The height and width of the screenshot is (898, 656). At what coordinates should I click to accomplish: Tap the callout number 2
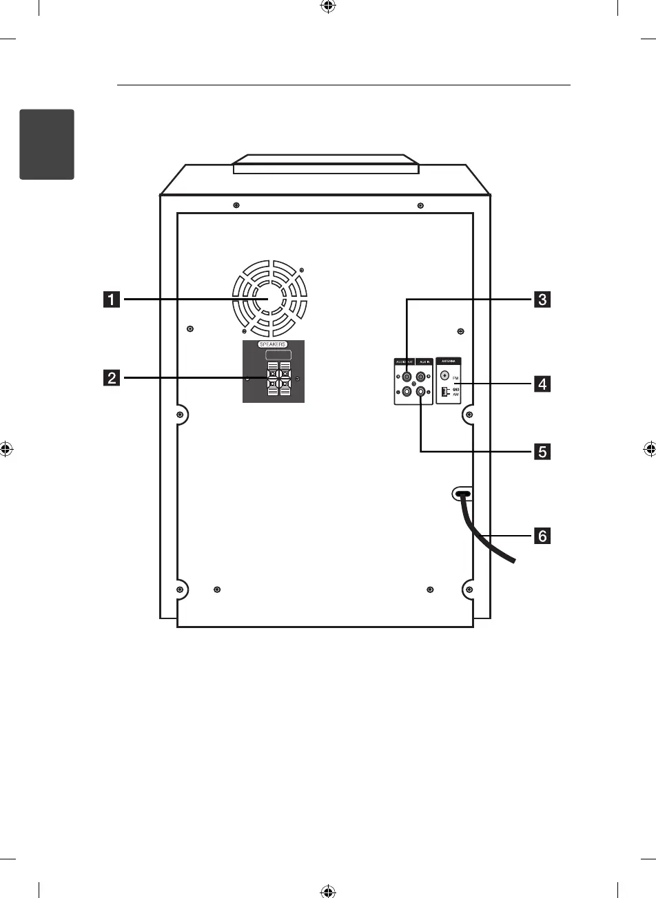click(x=111, y=377)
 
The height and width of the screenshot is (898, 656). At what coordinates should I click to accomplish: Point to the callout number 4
click(x=543, y=384)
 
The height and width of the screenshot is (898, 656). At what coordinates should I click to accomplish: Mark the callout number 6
click(x=543, y=535)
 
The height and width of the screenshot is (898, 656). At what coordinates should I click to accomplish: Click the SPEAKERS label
click(x=273, y=344)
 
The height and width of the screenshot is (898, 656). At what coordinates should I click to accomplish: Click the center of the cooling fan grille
click(x=269, y=300)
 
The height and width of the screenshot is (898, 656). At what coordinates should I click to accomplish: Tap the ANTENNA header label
click(x=448, y=361)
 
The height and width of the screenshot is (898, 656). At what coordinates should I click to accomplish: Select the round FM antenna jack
click(x=444, y=376)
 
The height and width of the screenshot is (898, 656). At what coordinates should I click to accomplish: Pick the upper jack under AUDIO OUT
click(x=407, y=377)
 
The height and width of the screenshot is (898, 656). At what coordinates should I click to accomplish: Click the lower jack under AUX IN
click(x=421, y=392)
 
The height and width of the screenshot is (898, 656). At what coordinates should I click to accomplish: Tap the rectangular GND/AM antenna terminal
click(x=444, y=392)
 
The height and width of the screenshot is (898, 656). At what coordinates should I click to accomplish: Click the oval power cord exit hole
click(x=462, y=494)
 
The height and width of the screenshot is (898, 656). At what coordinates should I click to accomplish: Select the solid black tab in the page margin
click(x=47, y=143)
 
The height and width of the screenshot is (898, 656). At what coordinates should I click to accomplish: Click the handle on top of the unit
click(x=326, y=165)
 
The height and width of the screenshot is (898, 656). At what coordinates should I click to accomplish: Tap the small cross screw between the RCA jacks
click(x=413, y=384)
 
